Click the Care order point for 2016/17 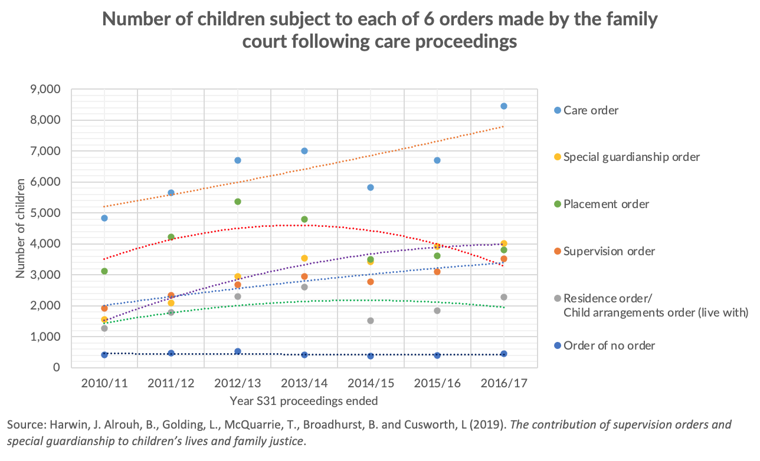[504, 106]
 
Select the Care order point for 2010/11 [104, 218]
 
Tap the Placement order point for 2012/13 [238, 202]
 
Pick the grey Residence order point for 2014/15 [371, 321]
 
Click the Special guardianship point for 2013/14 [304, 258]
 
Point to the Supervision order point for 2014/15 [371, 282]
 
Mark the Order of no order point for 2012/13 [238, 351]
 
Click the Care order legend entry [591, 110]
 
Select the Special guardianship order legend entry [631, 157]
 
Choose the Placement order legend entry [606, 204]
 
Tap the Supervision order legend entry [609, 251]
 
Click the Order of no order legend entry [609, 345]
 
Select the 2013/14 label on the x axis [304, 383]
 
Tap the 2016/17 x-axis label [504, 383]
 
